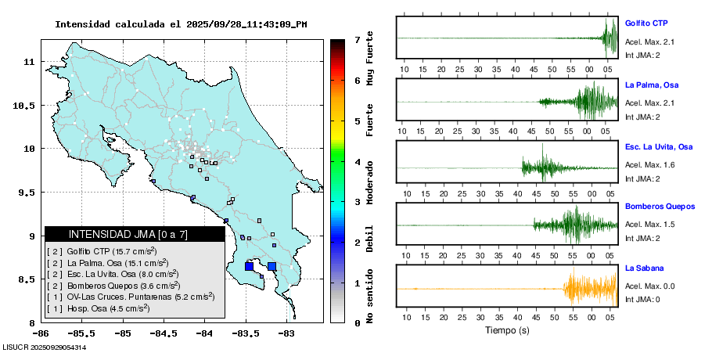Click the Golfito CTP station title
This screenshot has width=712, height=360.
point(650,23)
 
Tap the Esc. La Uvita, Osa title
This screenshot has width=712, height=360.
point(659,146)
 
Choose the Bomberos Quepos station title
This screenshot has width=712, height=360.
point(660,207)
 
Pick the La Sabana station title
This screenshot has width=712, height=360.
point(643,268)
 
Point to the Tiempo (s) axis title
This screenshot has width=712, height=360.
point(506,330)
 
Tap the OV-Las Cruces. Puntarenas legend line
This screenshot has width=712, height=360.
point(131,297)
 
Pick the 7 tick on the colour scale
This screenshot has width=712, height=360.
point(357,39)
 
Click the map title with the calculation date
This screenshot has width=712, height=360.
point(181,24)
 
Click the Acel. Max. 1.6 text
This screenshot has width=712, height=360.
point(649,165)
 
